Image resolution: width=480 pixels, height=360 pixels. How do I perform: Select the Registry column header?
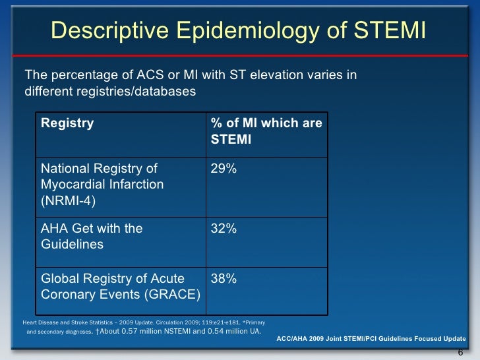pyautogui.click(x=67, y=123)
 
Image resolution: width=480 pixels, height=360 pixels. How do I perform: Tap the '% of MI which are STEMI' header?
pyautogui.click(x=266, y=131)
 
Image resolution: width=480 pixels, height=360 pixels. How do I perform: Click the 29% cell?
pyautogui.click(x=224, y=169)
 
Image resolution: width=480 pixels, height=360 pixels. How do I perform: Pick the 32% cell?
pyautogui.click(x=224, y=229)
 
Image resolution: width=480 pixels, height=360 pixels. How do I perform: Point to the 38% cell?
pyautogui.click(x=224, y=279)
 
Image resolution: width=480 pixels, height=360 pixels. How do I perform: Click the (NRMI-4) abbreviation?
pyautogui.click(x=69, y=200)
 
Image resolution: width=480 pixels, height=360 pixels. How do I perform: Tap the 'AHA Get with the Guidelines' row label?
pyautogui.click(x=92, y=236)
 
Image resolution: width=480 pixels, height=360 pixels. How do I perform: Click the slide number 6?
pyautogui.click(x=460, y=351)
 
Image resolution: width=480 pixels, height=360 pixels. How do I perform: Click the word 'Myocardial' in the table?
pyautogui.click(x=70, y=185)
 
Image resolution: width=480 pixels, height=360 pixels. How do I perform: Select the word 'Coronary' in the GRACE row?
pyautogui.click(x=65, y=294)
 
